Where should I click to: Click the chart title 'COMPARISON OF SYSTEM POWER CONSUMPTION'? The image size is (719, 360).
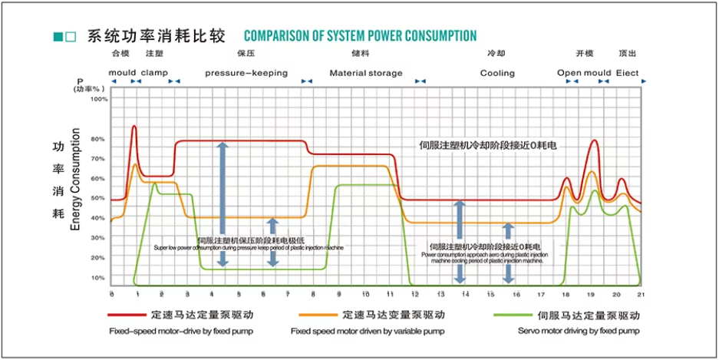coord(360,36)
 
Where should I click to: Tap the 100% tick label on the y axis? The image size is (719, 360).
coord(100,99)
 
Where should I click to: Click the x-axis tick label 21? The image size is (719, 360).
coord(641,294)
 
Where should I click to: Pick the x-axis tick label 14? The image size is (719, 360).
coord(465,294)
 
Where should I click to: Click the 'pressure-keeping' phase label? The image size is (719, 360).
coord(246,74)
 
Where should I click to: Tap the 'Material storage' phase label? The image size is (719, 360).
coord(365,74)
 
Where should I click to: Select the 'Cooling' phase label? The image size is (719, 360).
coord(497,74)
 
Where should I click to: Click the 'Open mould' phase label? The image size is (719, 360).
coord(584,74)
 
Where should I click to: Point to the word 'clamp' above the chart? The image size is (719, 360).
coord(154,74)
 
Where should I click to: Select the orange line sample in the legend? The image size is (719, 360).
coord(316,315)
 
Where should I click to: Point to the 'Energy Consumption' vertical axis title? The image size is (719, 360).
coord(75,181)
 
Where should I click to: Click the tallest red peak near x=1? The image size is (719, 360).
coord(134,127)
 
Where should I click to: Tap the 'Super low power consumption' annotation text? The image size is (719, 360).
coord(249,248)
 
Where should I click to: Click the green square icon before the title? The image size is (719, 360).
coord(58,37)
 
